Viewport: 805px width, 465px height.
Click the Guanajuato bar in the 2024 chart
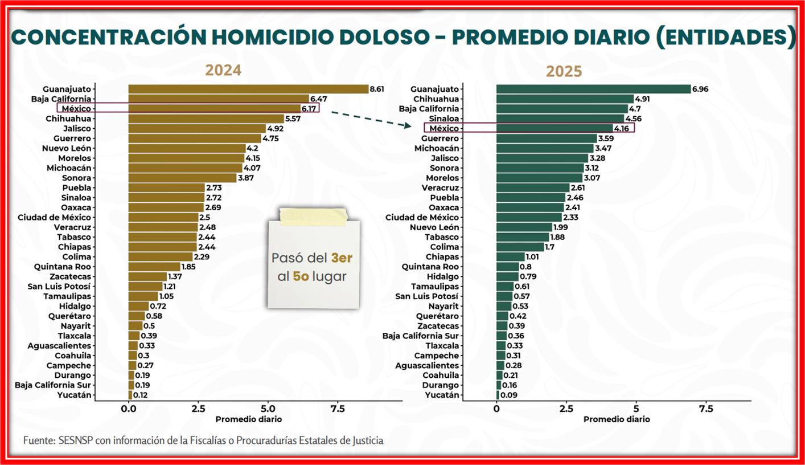(x=248, y=89)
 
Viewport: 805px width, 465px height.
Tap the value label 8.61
(x=377, y=89)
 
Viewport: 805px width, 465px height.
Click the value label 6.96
(x=700, y=89)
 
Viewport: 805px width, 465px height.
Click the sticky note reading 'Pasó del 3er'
(x=314, y=267)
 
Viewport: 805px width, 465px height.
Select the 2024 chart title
(x=223, y=70)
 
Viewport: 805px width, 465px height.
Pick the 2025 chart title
(x=564, y=71)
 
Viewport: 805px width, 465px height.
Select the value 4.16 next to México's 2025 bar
(x=622, y=129)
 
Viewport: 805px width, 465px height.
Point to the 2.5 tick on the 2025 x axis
(x=566, y=409)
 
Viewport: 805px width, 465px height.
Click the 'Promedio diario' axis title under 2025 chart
(x=617, y=419)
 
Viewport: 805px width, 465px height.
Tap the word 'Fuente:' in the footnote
(x=39, y=440)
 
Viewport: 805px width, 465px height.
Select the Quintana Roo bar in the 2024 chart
(x=154, y=267)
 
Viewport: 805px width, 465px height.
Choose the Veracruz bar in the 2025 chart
(x=533, y=187)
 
